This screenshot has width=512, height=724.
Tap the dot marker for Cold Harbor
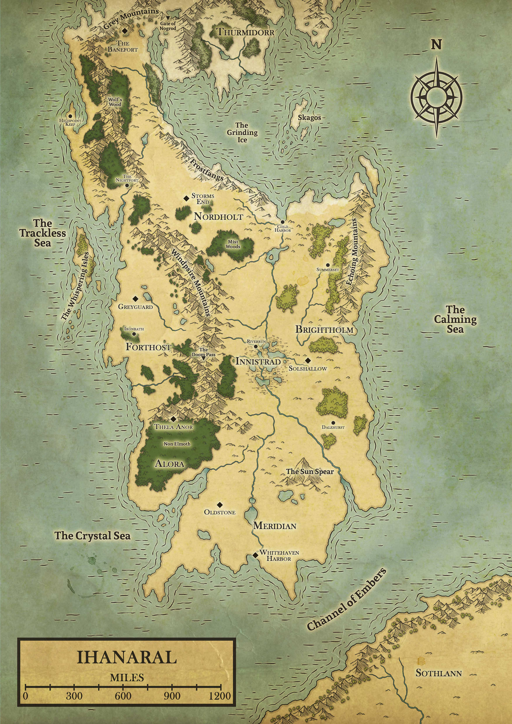click(283, 222)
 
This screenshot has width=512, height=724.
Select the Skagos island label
click(309, 118)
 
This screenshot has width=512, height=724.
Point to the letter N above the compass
click(436, 45)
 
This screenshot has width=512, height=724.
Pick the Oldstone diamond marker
click(220, 505)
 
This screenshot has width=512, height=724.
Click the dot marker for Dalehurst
click(333, 423)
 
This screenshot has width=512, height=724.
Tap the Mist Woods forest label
click(233, 244)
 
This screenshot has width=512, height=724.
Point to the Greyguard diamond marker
click(136, 299)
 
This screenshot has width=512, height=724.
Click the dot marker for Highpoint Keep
click(70, 116)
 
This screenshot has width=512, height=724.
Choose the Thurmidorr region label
click(245, 32)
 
